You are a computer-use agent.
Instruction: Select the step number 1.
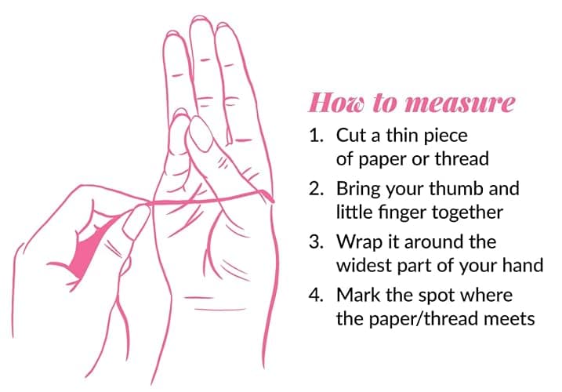[316, 136]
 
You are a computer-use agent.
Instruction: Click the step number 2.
[316, 189]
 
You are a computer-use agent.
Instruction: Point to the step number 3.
[316, 242]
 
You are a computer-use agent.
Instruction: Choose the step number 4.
[316, 295]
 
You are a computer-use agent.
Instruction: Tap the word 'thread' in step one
[462, 159]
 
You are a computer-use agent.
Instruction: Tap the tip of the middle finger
[201, 18]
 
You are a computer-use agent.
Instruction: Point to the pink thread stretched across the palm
[212, 199]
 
